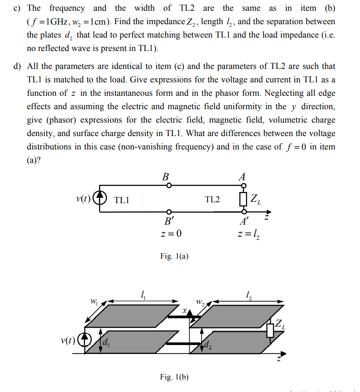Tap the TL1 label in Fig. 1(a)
[x=122, y=200]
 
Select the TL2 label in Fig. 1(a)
[x=212, y=200]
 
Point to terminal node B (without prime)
[x=169, y=185]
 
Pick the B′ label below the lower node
[x=169, y=222]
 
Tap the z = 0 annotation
[x=170, y=234]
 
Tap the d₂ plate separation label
[x=207, y=345]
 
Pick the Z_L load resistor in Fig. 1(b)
[x=270, y=330]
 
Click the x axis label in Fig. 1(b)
[x=184, y=309]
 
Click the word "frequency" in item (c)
[x=67, y=8]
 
